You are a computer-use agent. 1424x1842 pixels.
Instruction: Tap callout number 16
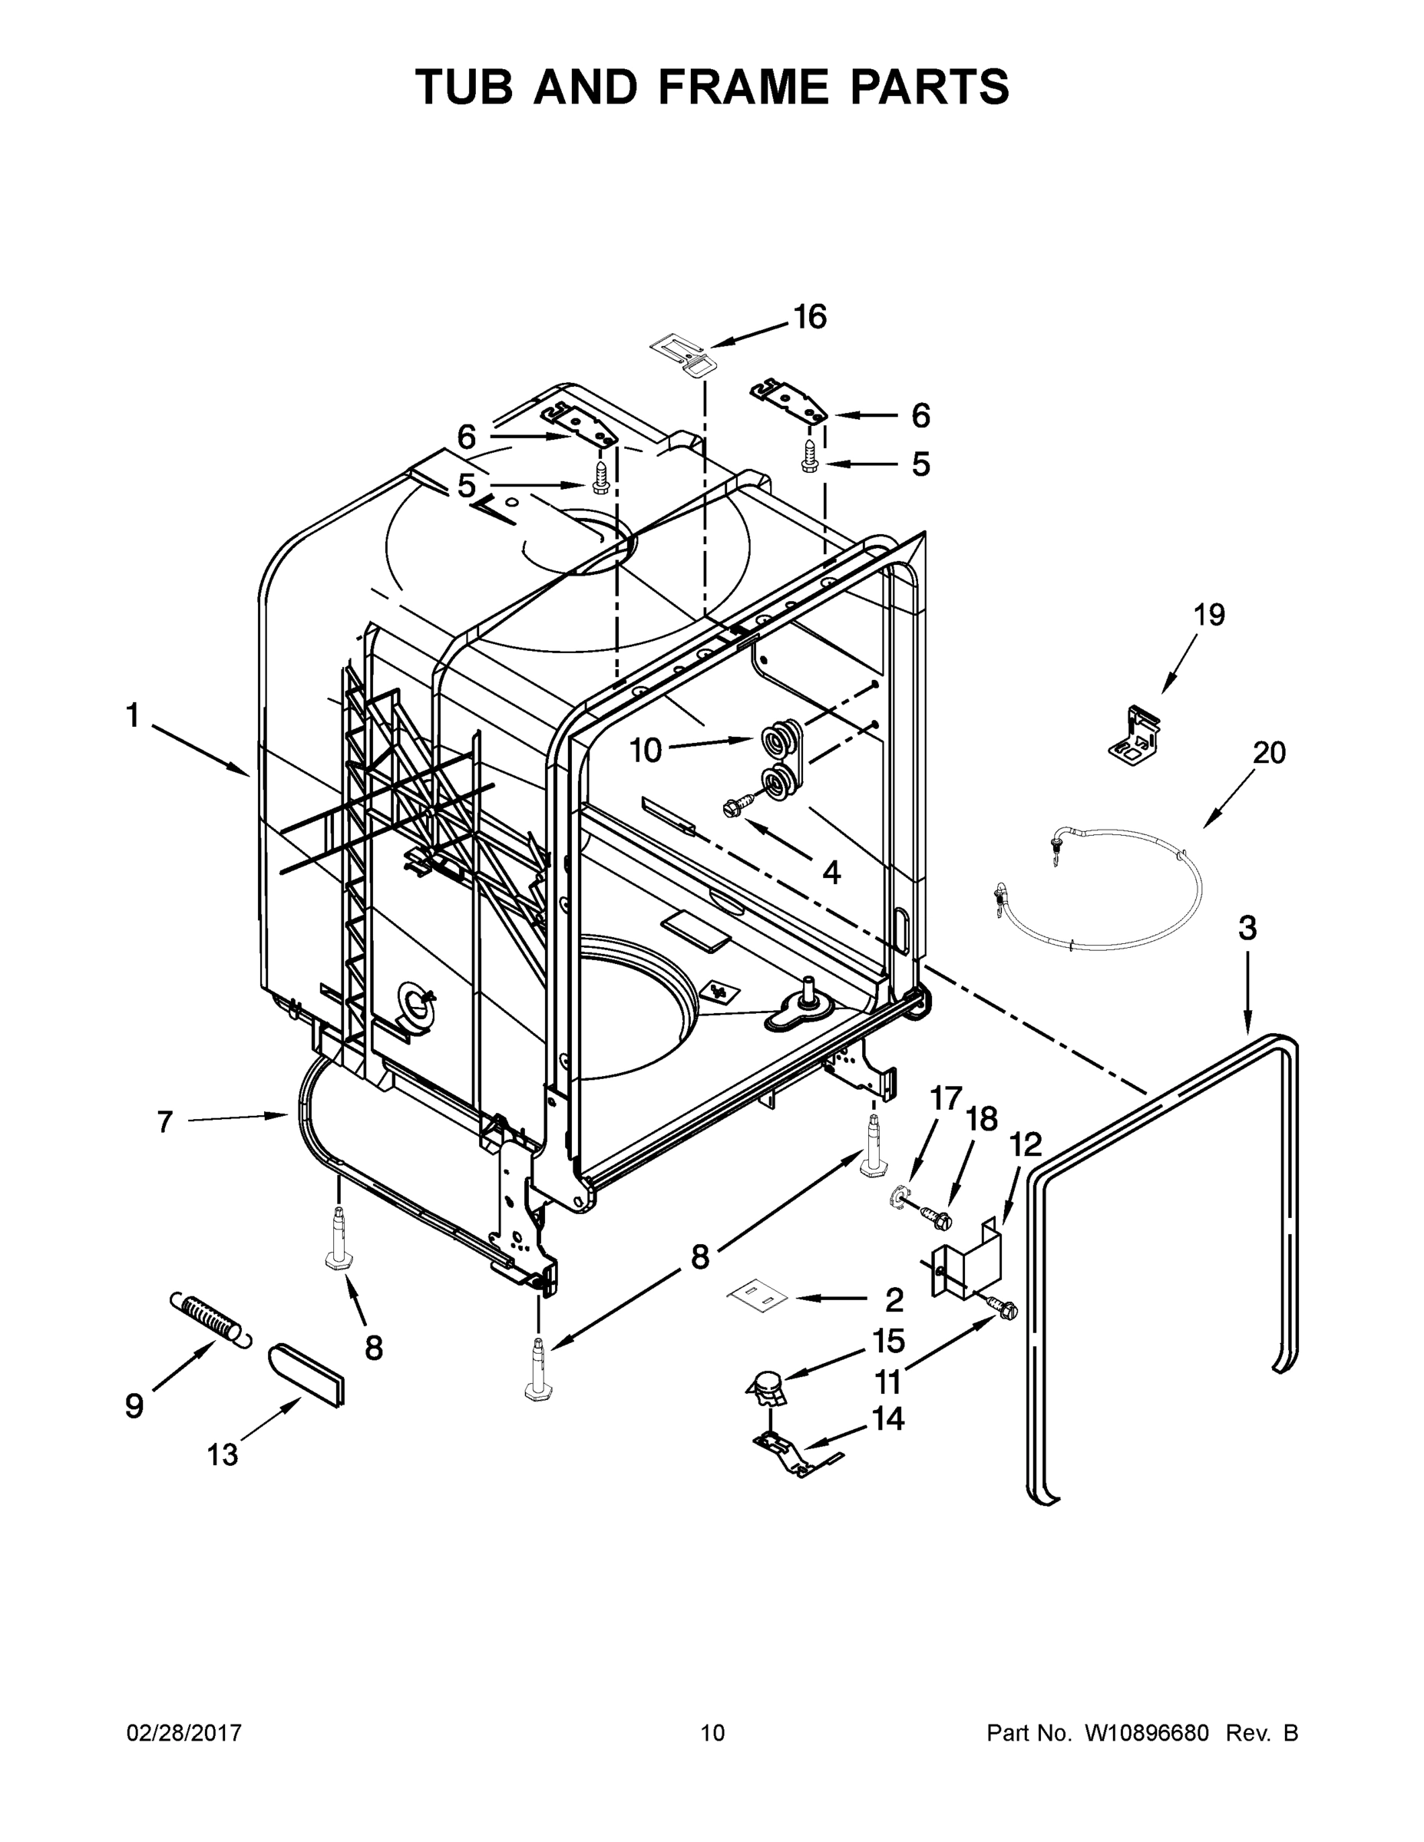(x=809, y=317)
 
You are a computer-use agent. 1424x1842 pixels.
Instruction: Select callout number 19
(x=1209, y=615)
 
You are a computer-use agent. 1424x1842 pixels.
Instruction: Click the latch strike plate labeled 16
(x=684, y=352)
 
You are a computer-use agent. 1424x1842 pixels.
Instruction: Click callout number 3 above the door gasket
(x=1247, y=929)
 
